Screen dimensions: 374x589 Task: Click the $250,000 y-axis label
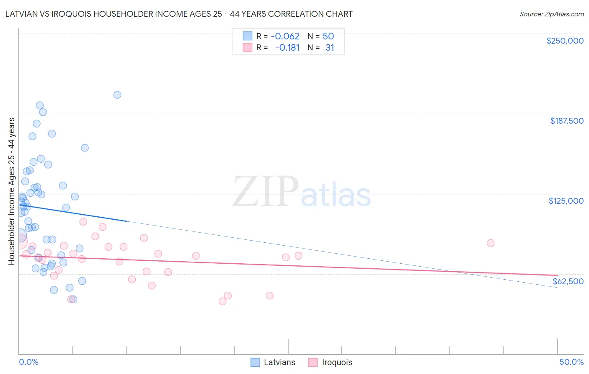coord(565,41)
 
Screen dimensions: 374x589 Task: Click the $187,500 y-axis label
coord(566,121)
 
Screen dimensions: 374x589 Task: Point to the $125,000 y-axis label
coord(566,201)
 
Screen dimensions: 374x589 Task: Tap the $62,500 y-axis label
coord(568,281)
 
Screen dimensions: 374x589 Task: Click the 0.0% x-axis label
coord(28,362)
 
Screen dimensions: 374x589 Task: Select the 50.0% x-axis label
coord(571,362)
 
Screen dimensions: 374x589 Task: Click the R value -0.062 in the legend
coord(285,36)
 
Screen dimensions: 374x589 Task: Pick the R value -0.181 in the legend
coord(287,48)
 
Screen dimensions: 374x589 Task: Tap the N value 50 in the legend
coord(328,36)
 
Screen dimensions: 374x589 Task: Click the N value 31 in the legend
coord(330,48)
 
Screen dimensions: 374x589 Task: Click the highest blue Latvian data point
coord(117,95)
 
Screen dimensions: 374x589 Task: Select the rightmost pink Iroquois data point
coord(491,243)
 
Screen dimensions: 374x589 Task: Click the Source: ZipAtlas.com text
coord(552,14)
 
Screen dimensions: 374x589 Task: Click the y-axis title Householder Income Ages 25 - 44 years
coord(11,191)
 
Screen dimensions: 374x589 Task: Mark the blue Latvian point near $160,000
coord(85,148)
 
